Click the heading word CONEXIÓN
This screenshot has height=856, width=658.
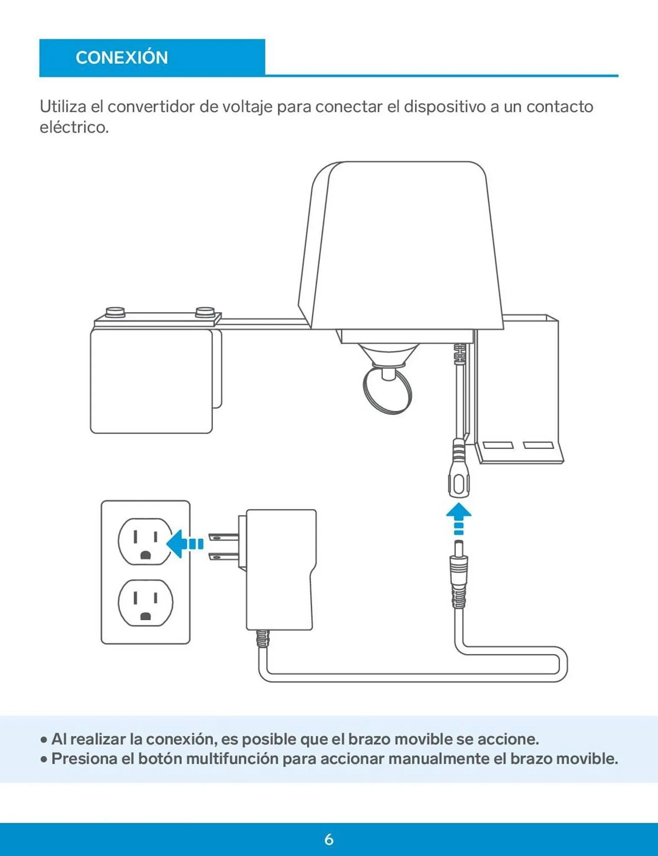(x=122, y=57)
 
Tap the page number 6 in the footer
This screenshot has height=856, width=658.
(x=329, y=839)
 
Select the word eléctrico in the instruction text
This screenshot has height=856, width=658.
(x=74, y=127)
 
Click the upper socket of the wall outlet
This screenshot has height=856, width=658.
(x=145, y=541)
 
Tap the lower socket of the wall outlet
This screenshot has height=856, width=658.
(x=145, y=603)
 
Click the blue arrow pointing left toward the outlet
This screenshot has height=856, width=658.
(x=184, y=544)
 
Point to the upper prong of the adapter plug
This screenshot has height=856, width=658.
(x=222, y=537)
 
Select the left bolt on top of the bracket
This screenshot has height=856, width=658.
(x=115, y=311)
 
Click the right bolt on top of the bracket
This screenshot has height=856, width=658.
(x=205, y=312)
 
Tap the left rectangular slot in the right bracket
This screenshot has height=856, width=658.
(x=498, y=445)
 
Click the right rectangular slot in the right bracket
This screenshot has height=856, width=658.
(x=538, y=445)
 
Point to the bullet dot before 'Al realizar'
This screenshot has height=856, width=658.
(x=43, y=740)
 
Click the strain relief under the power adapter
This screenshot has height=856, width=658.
(x=262, y=639)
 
